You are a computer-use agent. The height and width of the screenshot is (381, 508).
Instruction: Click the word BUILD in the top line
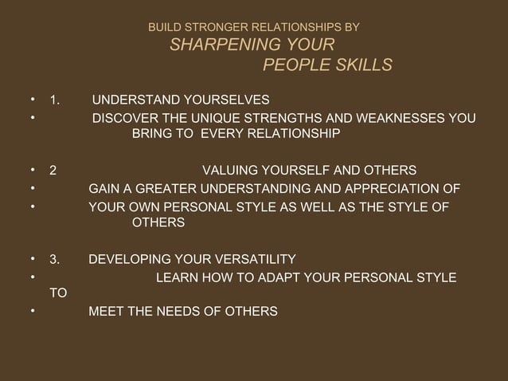click(162, 27)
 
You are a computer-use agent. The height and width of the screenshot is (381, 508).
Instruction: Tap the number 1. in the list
click(56, 100)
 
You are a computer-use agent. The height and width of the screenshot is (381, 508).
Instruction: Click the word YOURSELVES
click(223, 100)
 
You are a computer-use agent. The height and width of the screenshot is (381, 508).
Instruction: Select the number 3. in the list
click(54, 259)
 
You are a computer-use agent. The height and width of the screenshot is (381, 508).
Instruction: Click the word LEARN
click(176, 277)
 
